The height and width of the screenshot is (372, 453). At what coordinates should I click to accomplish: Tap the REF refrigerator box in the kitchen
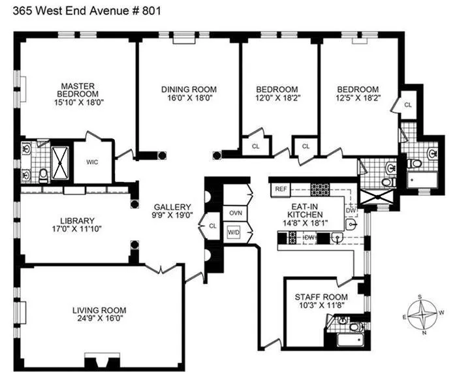pyautogui.click(x=281, y=189)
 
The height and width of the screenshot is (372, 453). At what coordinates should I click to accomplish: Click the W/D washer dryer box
pyautogui.click(x=234, y=232)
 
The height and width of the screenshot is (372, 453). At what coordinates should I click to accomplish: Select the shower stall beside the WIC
pyautogui.click(x=61, y=159)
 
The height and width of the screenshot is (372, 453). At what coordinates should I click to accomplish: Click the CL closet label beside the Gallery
pyautogui.click(x=213, y=226)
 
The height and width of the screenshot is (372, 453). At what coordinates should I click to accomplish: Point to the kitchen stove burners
pyautogui.click(x=321, y=189)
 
